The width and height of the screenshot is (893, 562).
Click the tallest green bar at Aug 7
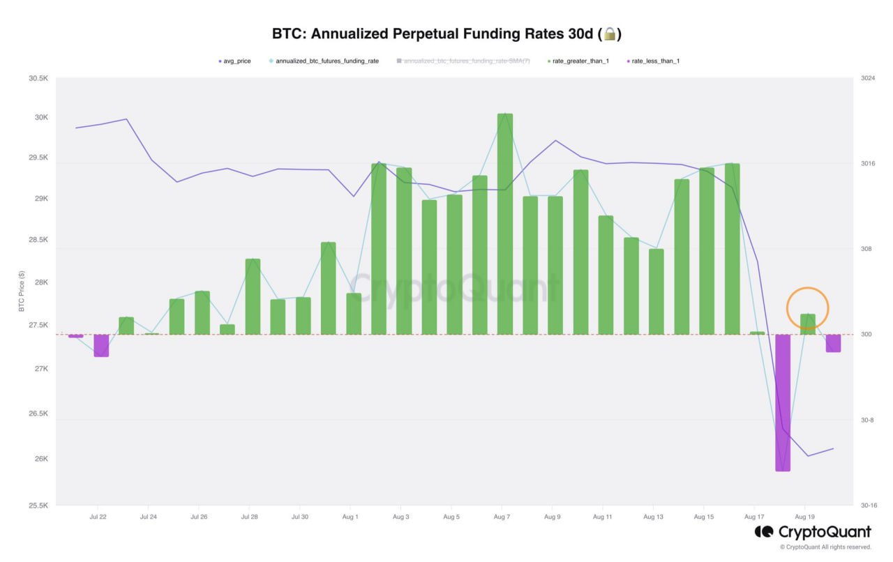504,223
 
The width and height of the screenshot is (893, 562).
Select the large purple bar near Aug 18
782,402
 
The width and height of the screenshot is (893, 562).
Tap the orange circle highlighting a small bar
807,307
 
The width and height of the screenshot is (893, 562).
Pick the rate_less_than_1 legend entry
655,61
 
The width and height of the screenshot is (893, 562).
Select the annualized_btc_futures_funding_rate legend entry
327,61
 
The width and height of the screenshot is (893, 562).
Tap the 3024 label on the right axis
868,79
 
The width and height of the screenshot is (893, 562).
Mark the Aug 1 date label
350,517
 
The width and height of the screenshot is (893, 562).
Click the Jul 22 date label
98,517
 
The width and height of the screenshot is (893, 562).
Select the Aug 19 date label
804,517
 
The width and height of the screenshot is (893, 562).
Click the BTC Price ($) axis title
22,291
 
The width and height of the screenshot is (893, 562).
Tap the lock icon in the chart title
609,34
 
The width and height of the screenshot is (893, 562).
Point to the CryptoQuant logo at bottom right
813,532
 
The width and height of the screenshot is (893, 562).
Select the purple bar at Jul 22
102,345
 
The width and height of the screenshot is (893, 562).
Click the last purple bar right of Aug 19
833,343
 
